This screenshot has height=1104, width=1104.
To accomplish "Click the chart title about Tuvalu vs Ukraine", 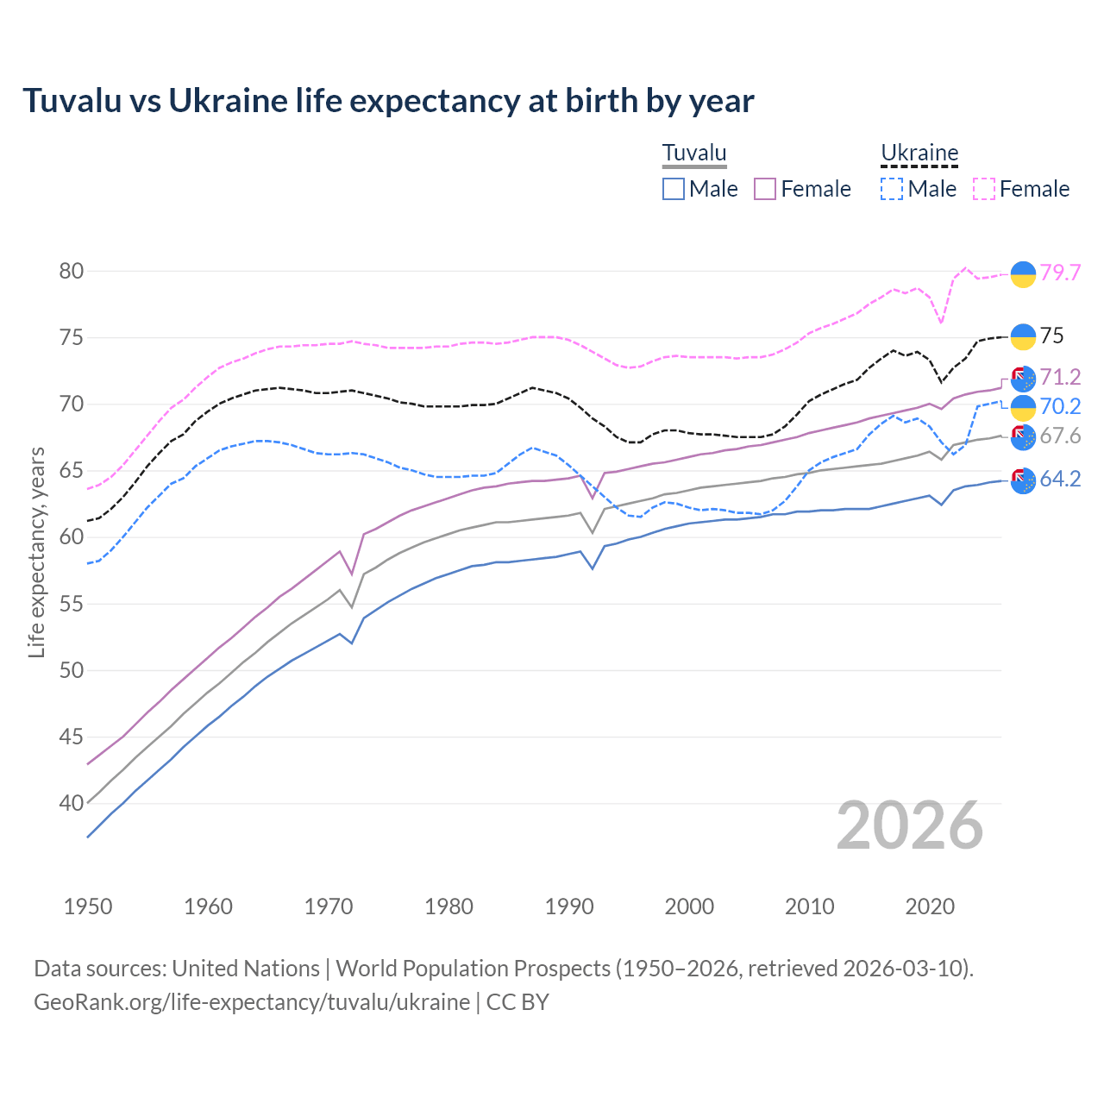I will pos(388,101).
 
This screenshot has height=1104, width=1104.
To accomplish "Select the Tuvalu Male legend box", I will pos(674,189).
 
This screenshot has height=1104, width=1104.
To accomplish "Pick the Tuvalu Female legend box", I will pos(765,189).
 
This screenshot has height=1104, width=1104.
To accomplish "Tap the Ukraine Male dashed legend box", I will pos(892,189).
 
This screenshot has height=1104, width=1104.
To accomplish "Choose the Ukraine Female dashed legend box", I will pos(984,189).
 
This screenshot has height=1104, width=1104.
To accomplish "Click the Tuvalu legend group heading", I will pos(694,154).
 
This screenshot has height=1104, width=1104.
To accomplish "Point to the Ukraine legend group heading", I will pos(919,154).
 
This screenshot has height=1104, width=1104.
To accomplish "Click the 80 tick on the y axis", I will pos(72,271).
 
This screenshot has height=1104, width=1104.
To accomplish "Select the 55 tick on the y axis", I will pos(72,604).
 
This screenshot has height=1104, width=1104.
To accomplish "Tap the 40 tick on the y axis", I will pos(72,803).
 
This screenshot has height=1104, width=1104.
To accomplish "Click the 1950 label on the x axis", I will pos(88,906).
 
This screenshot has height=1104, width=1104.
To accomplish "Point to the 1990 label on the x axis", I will pos(569,906).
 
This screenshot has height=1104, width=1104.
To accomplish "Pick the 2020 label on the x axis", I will pos(930,906).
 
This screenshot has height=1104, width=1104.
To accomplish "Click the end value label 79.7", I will pos(1060,273).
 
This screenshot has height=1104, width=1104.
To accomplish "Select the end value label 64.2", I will pos(1060,480).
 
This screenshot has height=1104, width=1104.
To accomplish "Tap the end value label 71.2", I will pos(1060,377).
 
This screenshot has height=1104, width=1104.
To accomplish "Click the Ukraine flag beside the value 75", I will pos(1023,336).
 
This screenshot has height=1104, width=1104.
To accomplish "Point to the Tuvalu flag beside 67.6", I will pos(1023,437).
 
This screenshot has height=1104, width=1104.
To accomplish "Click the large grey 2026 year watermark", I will pos(910,825).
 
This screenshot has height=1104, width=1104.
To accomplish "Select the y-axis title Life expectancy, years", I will pos(36,552).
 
